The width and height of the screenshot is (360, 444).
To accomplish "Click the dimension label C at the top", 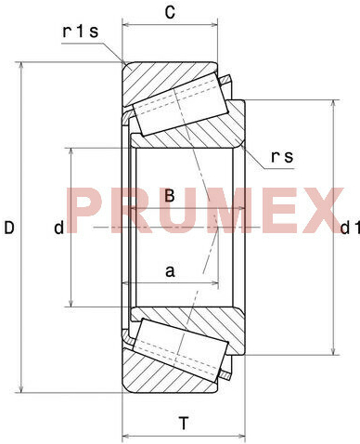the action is (170, 13).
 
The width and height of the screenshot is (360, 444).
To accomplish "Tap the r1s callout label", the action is (81, 32).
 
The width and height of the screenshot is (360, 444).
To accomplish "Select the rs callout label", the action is (282, 157).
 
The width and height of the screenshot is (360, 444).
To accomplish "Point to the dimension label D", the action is (9, 228).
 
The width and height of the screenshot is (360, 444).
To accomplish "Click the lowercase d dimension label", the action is (58, 228).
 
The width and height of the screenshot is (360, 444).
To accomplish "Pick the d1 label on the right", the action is (350, 228).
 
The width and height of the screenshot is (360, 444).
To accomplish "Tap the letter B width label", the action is (170, 196).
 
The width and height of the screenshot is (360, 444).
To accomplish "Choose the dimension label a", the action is (170, 271).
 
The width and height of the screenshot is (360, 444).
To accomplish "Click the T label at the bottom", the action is (184, 424).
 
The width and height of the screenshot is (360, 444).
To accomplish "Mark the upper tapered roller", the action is (181, 103).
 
